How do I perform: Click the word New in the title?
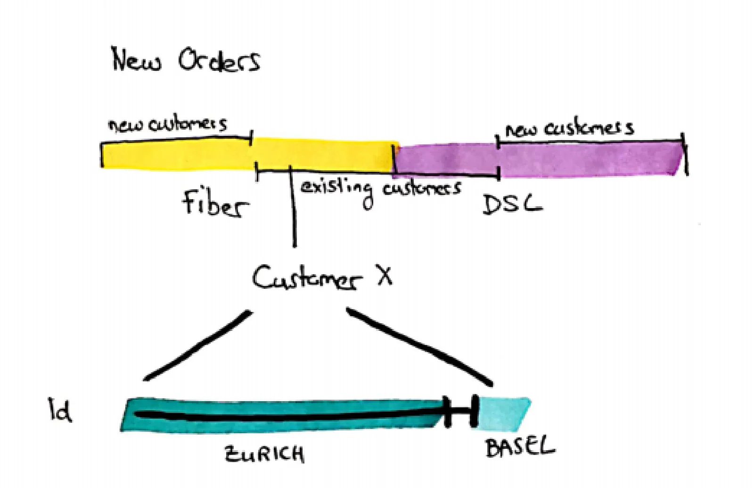(x=136, y=60)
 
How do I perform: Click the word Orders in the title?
(x=219, y=61)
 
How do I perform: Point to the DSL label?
(x=512, y=204)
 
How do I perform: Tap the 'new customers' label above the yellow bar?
(x=168, y=124)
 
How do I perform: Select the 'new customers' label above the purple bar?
(x=569, y=128)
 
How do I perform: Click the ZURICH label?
(x=264, y=454)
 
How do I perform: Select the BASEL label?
(x=519, y=447)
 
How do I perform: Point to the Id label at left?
(x=60, y=409)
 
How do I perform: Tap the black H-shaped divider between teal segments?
(x=461, y=411)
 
